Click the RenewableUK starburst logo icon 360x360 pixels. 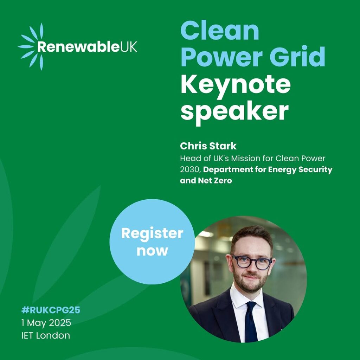pyautogui.click(x=31, y=46)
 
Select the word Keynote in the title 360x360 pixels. pyautogui.click(x=236, y=85)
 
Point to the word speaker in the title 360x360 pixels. pyautogui.click(x=234, y=112)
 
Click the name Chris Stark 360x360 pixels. pyautogui.click(x=208, y=146)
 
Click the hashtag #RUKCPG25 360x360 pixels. pyautogui.click(x=51, y=310)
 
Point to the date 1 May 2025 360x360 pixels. pyautogui.click(x=46, y=323)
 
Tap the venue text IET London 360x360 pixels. pyautogui.click(x=46, y=335)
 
